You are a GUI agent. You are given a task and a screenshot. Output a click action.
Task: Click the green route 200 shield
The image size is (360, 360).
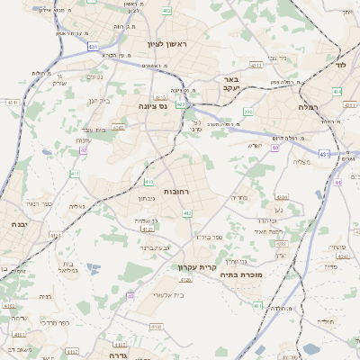[x=248, y=112]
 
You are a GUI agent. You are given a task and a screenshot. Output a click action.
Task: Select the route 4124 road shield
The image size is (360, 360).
[x=82, y=236]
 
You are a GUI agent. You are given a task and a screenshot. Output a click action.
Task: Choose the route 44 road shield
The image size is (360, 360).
[x=337, y=182]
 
